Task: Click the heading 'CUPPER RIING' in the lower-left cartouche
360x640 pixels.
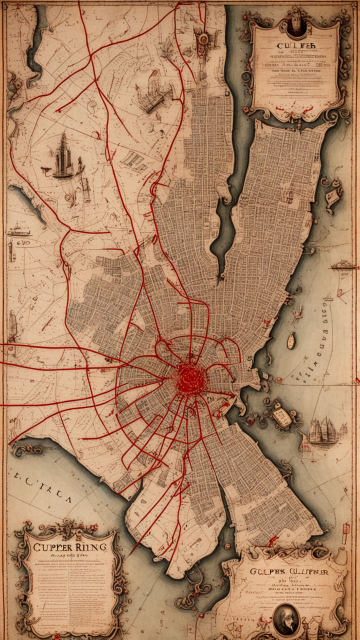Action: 69,546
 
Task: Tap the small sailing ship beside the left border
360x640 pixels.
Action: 18,230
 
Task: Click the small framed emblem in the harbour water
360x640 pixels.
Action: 282,415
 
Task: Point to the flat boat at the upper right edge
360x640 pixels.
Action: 344,265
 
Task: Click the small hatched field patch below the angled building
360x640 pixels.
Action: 133,161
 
